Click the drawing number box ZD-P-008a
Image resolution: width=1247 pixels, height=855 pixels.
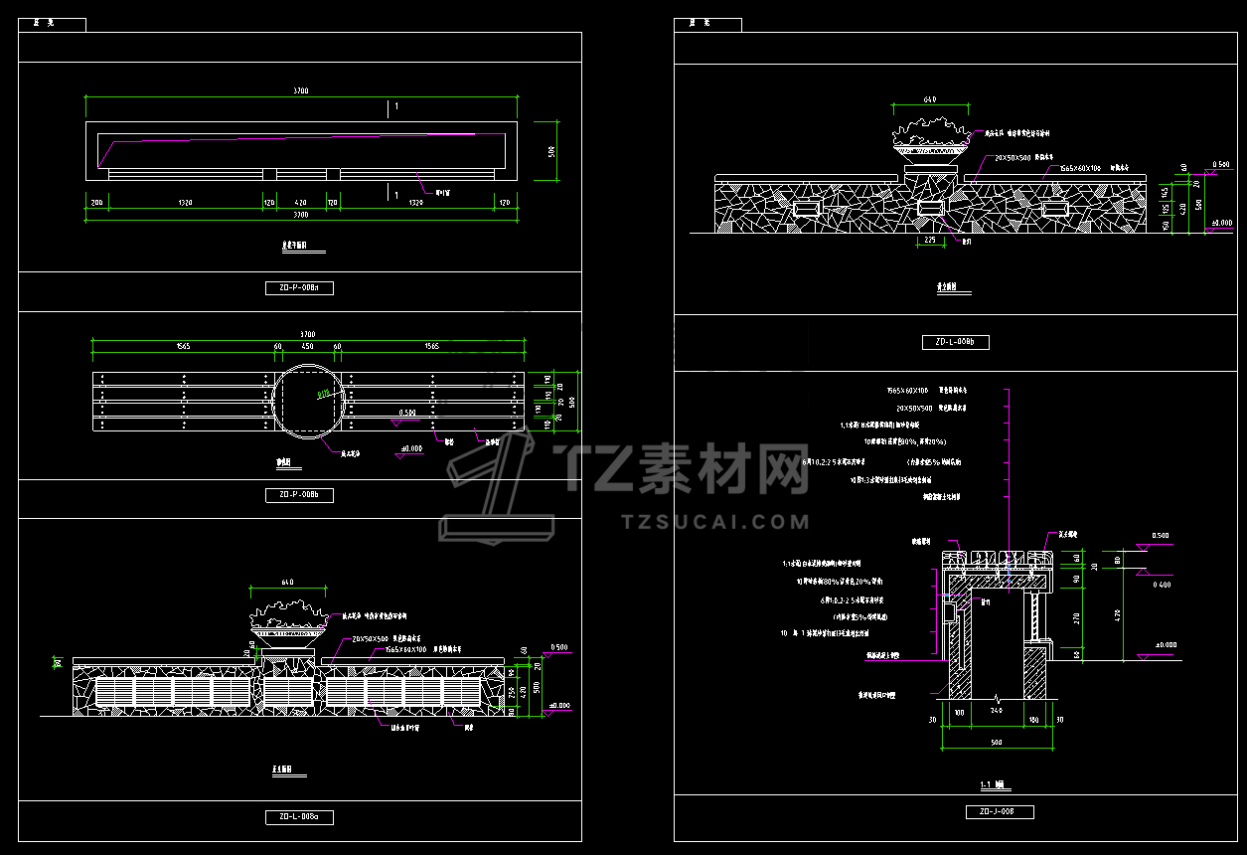click(x=299, y=288)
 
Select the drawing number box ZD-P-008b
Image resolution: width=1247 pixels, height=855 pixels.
click(x=299, y=495)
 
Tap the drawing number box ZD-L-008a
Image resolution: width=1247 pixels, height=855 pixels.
click(x=299, y=817)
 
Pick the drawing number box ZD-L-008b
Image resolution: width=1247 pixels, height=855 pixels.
click(x=955, y=342)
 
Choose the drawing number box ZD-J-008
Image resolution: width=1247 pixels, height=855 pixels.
click(x=1000, y=811)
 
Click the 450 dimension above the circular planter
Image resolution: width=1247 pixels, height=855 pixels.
click(x=308, y=346)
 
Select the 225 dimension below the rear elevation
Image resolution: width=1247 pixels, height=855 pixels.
click(x=930, y=240)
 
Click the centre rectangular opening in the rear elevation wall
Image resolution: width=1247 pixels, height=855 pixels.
click(x=930, y=208)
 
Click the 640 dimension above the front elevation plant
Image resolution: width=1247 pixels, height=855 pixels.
click(x=288, y=582)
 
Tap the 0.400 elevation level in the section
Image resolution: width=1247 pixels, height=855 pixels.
click(x=1161, y=585)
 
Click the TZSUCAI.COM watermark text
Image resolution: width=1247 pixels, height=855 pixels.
click(x=714, y=521)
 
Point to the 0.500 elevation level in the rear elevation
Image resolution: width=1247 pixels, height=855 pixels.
click(x=1221, y=164)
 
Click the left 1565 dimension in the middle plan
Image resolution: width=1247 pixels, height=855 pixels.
click(x=182, y=346)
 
